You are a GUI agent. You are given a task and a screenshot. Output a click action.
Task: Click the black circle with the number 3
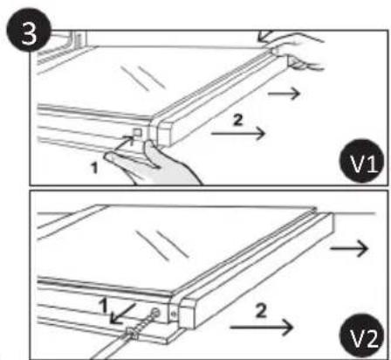point(29,30)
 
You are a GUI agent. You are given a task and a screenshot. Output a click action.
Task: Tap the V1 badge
point(362,161)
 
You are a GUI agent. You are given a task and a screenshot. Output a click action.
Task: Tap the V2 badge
point(361,336)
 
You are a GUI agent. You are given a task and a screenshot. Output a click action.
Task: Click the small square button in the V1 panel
point(137,133)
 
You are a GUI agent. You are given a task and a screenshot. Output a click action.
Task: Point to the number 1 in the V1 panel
point(94,169)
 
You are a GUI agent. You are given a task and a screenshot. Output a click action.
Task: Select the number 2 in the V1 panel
point(238,120)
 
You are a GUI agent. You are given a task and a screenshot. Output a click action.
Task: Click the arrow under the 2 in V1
point(238,134)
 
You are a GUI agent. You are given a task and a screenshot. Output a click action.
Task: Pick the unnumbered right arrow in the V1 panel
point(284,93)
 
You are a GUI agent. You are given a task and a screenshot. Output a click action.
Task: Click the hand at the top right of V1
point(294,50)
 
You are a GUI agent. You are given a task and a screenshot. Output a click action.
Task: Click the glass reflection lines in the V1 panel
point(143,78)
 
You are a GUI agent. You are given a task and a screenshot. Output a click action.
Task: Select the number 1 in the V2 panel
point(103,307)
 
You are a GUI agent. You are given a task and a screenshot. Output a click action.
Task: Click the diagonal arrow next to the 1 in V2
point(123,314)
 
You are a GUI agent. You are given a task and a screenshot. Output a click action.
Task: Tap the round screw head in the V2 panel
point(155,314)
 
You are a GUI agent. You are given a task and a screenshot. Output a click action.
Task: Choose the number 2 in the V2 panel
point(261,311)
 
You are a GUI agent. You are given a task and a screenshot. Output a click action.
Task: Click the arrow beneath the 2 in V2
point(261,328)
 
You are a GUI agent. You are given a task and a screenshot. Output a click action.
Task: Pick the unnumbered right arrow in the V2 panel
point(349,248)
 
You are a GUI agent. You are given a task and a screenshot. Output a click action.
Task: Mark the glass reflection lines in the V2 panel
point(163,245)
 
